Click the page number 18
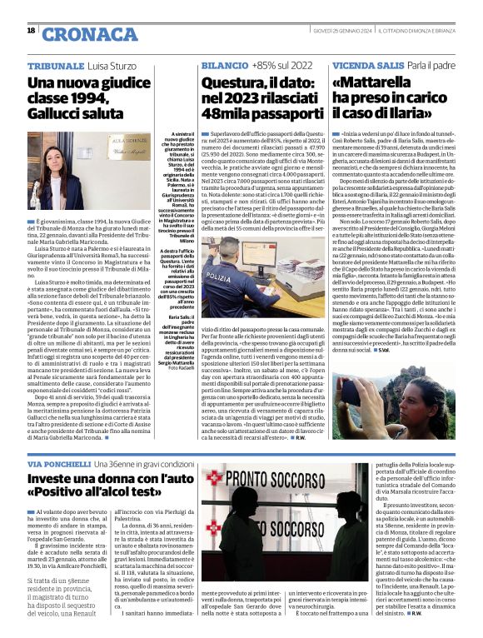click(x=31, y=31)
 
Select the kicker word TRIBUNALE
click(x=55, y=65)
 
